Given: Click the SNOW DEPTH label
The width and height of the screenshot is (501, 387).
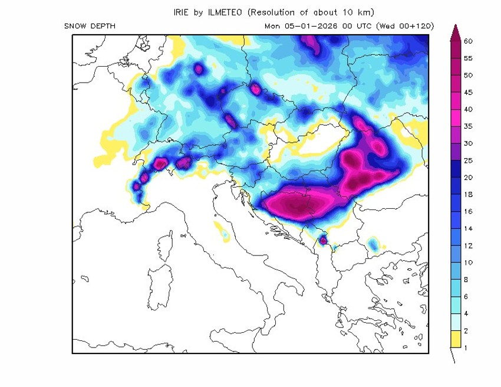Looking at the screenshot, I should pyautogui.click(x=90, y=26).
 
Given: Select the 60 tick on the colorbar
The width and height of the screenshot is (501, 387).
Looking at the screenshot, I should pyautogui.click(x=469, y=41).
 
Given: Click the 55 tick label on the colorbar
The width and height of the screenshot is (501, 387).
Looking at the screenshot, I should pyautogui.click(x=469, y=58).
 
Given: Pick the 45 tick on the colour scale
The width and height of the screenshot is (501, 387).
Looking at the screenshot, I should pyautogui.click(x=469, y=93).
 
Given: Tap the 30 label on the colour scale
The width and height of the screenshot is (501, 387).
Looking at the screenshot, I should pyautogui.click(x=469, y=143).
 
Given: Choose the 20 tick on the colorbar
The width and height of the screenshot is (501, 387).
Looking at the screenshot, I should pyautogui.click(x=469, y=177).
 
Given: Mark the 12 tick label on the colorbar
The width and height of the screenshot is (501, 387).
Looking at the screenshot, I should pyautogui.click(x=469, y=245).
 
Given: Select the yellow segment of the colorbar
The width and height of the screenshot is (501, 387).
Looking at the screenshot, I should pyautogui.click(x=454, y=339).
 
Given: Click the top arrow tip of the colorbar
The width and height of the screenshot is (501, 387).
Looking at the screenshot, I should pyautogui.click(x=454, y=27).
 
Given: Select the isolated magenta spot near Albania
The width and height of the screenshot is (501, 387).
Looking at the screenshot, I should pyautogui.click(x=322, y=240).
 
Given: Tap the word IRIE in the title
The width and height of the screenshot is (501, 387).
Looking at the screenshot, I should pyautogui.click(x=182, y=12).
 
